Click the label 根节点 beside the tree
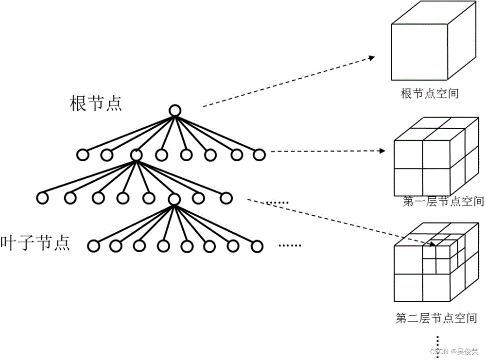pos(96,103)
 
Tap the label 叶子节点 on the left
pos(35,242)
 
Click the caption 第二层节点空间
pos(436,319)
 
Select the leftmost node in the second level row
pos(43,198)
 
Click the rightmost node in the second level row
pos(226,198)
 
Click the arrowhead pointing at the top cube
pos(371,57)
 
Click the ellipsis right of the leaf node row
pos(290,245)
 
